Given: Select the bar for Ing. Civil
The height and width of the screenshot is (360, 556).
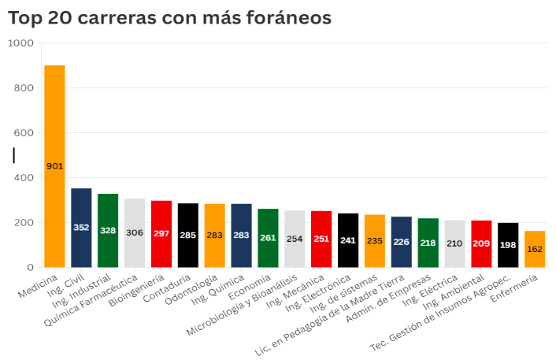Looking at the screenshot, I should tap(81, 228).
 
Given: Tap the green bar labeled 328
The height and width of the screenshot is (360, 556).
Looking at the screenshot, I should tap(108, 230).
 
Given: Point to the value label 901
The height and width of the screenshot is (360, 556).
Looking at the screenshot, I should tap(54, 166).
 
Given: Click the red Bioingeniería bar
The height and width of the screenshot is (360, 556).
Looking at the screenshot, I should tap(161, 234).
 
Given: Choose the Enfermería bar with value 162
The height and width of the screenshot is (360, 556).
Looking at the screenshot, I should tap(535, 249).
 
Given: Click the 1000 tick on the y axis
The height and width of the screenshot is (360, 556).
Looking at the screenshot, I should tap(20, 43).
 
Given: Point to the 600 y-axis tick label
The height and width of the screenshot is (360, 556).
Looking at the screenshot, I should tap(23, 133).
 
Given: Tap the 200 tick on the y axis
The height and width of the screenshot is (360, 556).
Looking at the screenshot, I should tap(23, 223).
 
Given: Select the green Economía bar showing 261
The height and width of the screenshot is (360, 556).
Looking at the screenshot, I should tap(268, 238).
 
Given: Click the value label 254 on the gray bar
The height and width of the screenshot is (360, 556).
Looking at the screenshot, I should tap(295, 239).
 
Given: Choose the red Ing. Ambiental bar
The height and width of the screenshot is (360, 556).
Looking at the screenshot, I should tap(481, 243).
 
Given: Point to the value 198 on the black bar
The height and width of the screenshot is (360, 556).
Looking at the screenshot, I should tap(508, 245).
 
